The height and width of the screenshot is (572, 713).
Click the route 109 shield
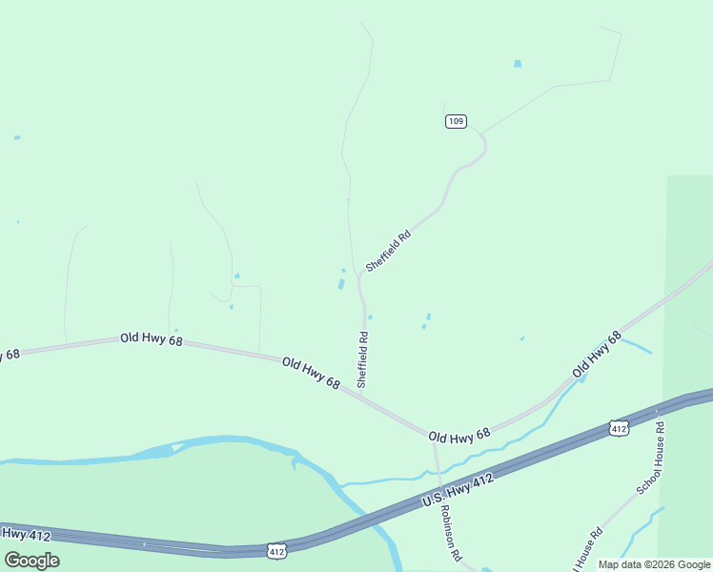(x=456, y=121)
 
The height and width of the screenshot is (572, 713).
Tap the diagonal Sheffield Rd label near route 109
(x=388, y=251)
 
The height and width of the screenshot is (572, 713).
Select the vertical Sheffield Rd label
(x=362, y=358)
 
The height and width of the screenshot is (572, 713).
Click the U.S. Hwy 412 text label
(x=458, y=491)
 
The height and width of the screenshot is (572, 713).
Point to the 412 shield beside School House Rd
(x=620, y=429)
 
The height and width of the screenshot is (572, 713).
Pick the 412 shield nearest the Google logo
(x=275, y=551)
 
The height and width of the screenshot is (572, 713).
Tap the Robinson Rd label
(x=450, y=532)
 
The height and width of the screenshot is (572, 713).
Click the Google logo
(x=31, y=561)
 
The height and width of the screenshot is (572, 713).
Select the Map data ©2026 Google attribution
(x=654, y=564)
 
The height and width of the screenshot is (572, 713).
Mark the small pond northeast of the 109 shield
(x=518, y=64)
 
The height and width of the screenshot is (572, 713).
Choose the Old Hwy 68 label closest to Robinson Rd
(x=458, y=434)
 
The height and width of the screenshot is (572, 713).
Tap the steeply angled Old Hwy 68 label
(x=597, y=353)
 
